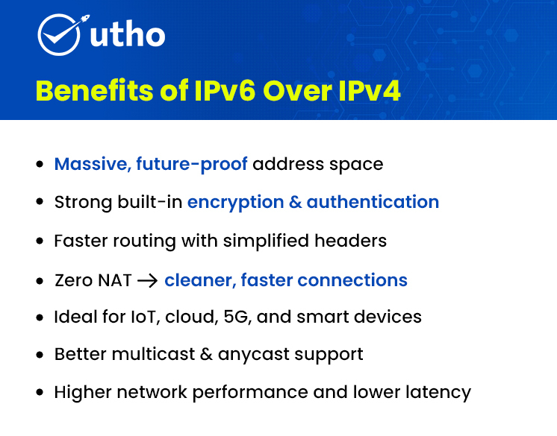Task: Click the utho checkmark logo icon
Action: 58,34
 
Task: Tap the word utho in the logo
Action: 128,35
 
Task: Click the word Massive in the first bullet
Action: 91,163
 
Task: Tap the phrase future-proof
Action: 192,163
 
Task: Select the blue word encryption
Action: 236,202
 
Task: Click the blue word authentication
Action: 373,202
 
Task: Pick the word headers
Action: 353,241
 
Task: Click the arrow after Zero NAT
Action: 148,281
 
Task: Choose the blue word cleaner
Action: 199,280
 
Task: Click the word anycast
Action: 252,354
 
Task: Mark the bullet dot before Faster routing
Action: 40,241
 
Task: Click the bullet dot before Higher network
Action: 40,392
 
